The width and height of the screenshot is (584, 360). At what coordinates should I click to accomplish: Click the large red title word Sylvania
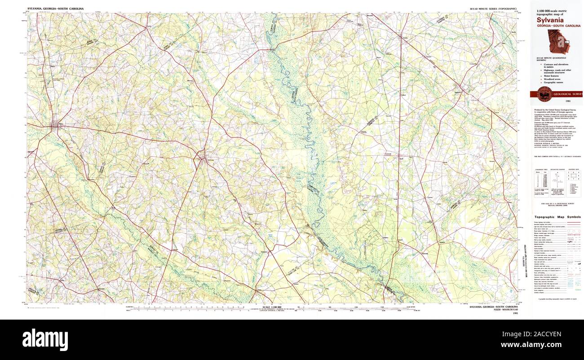click(x=545, y=19)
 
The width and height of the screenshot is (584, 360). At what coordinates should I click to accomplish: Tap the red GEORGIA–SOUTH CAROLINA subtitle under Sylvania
click(x=555, y=26)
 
